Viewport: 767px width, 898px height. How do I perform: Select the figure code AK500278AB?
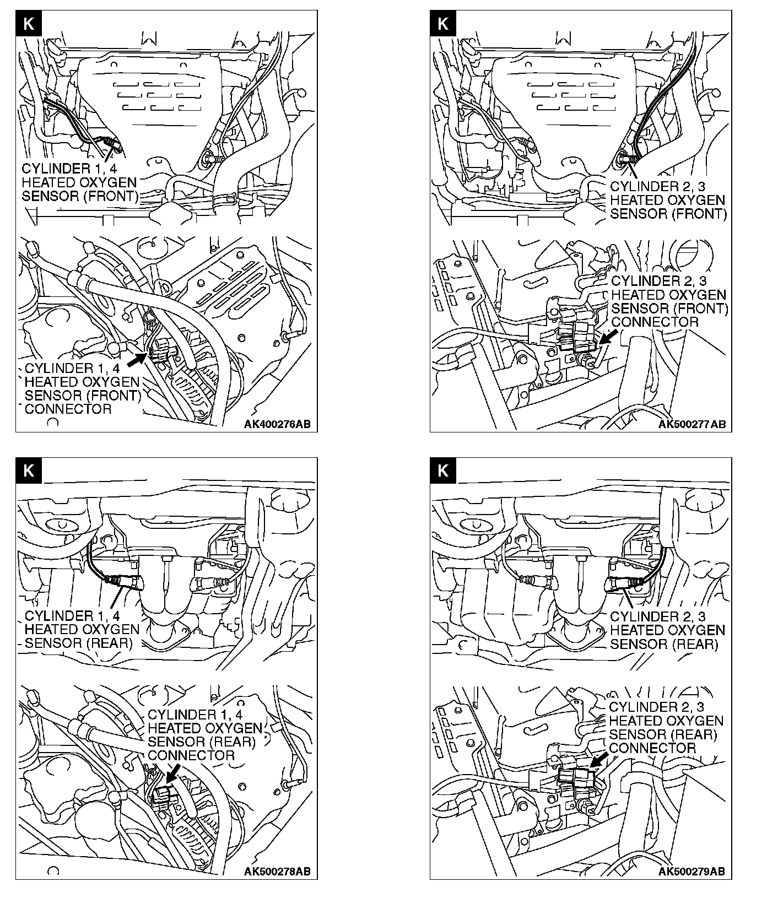tap(277, 871)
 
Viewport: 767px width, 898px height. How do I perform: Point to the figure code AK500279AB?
tap(692, 871)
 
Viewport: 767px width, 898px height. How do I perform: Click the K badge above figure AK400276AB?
tap(29, 24)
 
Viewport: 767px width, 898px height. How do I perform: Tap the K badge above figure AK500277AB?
tap(442, 24)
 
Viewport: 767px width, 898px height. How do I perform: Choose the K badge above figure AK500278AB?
tap(29, 470)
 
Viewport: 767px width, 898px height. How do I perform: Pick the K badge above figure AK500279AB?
tap(442, 470)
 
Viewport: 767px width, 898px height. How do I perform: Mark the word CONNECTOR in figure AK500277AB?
tap(655, 322)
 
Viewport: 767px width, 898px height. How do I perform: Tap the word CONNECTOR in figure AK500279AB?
tap(652, 748)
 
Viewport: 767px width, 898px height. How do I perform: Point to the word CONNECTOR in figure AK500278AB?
tap(191, 755)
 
